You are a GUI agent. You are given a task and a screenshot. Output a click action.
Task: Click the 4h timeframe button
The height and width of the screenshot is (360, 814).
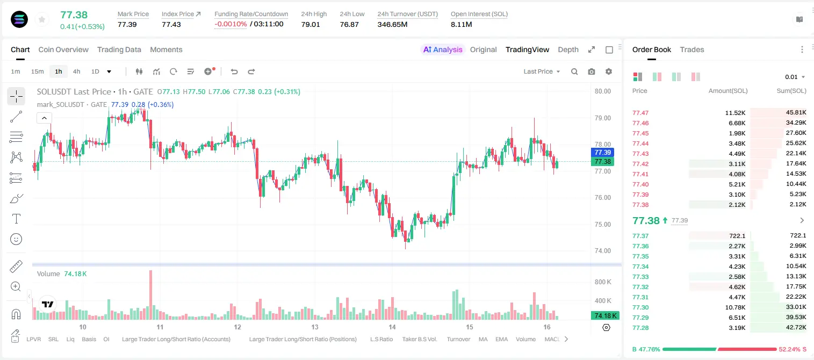click(76, 71)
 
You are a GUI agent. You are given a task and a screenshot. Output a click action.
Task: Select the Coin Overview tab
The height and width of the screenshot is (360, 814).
click(63, 49)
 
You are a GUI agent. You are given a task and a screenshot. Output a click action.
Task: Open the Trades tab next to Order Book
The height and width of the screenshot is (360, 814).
click(691, 49)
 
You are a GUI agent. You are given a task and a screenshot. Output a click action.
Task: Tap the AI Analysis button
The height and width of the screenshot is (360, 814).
click(443, 49)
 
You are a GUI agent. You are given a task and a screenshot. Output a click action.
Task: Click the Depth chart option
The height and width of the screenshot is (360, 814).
click(568, 49)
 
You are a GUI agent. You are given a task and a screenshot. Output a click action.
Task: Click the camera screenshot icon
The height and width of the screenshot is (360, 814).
click(591, 71)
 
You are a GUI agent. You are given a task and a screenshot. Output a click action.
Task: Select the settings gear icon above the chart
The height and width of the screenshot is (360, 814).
click(609, 71)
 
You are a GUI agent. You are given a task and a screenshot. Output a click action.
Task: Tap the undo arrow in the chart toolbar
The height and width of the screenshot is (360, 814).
click(234, 71)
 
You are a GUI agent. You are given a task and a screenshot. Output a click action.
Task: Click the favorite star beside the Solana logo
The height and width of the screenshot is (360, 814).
click(42, 19)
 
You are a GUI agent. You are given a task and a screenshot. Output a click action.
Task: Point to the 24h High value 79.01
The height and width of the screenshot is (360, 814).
click(311, 24)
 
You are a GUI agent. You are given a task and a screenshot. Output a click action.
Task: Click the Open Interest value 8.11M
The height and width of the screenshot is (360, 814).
click(461, 24)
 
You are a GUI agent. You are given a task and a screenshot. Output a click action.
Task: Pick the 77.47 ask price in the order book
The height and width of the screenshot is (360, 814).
click(640, 113)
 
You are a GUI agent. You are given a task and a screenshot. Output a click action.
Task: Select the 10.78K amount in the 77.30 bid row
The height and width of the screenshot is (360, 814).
click(735, 307)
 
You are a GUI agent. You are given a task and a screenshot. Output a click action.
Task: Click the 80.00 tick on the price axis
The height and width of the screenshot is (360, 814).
click(602, 91)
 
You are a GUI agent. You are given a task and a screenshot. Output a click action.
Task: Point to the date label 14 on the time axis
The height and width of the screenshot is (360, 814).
click(392, 327)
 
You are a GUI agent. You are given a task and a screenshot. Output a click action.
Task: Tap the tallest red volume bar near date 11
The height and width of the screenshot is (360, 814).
click(150, 294)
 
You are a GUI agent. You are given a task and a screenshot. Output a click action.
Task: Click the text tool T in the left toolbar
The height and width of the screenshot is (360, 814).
click(16, 219)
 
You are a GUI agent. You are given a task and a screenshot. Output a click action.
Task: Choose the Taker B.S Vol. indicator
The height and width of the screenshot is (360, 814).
click(419, 339)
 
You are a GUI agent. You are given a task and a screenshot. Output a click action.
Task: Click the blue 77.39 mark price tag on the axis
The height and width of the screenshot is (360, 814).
click(602, 152)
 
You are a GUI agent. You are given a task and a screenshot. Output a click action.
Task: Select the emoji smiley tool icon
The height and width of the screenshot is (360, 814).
click(16, 239)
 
